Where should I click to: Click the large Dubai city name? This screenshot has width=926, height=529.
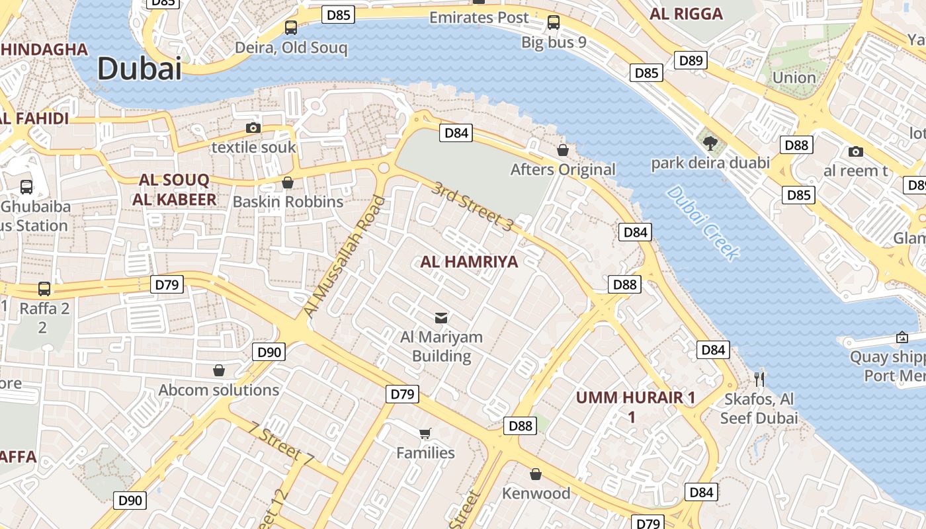139,69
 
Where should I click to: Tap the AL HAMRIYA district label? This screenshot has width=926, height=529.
469,262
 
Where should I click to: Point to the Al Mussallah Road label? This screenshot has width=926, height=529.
343,257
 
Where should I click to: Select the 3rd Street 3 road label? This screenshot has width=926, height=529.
472,206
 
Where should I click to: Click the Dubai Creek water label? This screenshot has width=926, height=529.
702,222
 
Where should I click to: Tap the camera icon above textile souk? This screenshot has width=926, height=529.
253,128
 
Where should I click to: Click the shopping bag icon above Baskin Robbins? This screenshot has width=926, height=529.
288,182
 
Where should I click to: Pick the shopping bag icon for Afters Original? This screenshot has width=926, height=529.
563,150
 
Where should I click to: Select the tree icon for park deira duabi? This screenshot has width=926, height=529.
710,143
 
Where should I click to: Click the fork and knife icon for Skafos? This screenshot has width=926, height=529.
759,380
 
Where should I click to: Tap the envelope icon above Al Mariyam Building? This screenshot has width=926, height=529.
441,318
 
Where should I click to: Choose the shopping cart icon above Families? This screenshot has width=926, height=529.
425,434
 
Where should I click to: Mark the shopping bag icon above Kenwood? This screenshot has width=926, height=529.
536,474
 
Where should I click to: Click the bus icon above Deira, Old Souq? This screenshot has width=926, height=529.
291,28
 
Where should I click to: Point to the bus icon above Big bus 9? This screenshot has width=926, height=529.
554,22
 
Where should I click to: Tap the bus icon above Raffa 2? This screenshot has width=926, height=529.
44,289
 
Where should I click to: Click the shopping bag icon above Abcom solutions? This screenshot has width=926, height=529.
219,370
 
